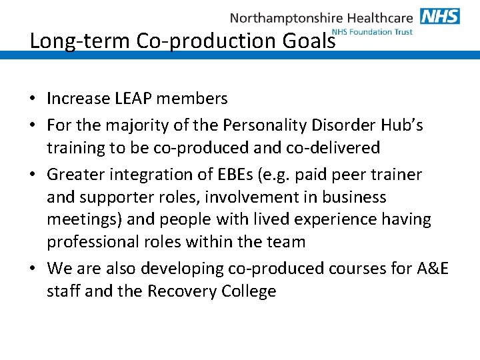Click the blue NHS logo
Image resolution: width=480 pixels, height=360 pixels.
pyautogui.click(x=440, y=16)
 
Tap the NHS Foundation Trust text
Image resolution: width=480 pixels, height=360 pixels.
pyautogui.click(x=372, y=32)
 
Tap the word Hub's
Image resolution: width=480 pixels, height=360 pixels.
pyautogui.click(x=399, y=125)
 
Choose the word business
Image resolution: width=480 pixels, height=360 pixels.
pyautogui.click(x=354, y=197)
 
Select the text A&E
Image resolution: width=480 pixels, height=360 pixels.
pyautogui.click(x=433, y=269)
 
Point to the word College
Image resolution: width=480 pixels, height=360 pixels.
pyautogui.click(x=247, y=291)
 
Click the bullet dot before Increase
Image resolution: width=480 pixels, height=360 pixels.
pyautogui.click(x=33, y=99)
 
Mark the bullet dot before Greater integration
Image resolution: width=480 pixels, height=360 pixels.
pyautogui.click(x=33, y=175)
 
